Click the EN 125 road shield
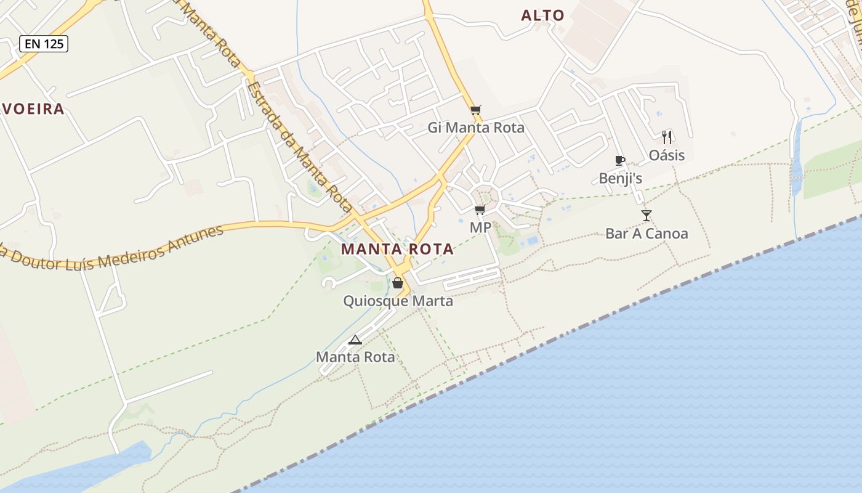(43, 44)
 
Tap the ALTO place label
(542, 15)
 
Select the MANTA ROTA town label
(397, 249)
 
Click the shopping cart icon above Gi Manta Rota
(475, 110)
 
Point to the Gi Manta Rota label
(476, 128)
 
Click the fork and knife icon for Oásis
(666, 137)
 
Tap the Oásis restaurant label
(666, 155)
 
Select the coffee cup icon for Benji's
(620, 161)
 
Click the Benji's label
(621, 178)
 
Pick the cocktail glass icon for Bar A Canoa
(646, 215)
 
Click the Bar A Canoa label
(647, 234)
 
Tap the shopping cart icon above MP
(480, 210)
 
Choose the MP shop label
(480, 227)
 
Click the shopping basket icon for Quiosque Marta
(398, 283)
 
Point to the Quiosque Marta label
(398, 301)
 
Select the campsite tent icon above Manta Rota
(355, 340)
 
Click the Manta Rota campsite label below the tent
(355, 357)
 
